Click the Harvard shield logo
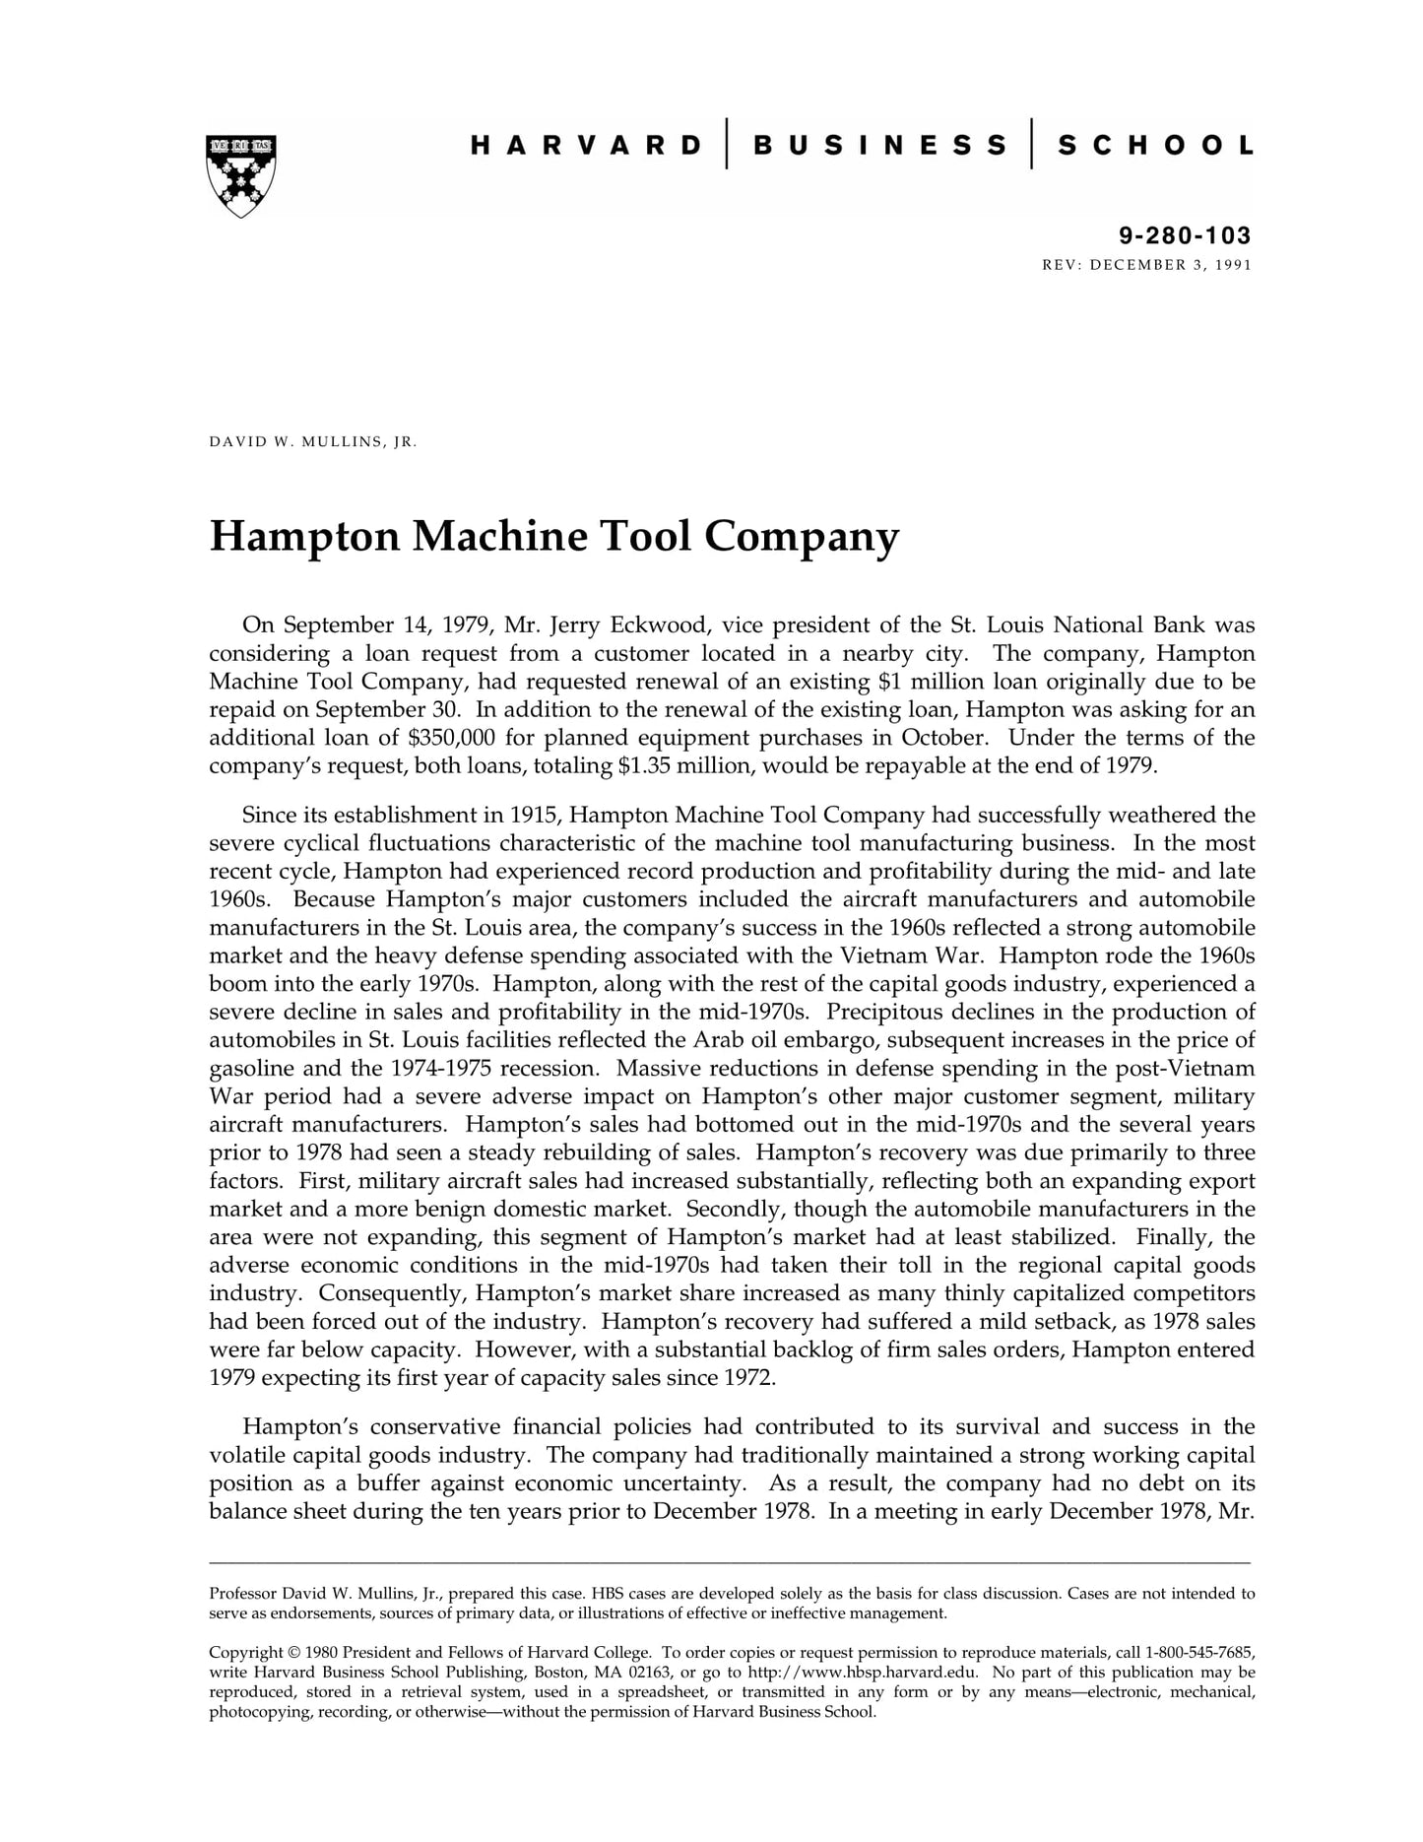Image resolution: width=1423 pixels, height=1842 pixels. click(241, 175)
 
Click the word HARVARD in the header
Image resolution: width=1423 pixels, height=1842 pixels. click(587, 146)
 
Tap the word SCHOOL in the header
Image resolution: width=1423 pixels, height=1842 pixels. click(1155, 146)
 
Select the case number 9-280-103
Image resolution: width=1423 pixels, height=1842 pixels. click(1185, 235)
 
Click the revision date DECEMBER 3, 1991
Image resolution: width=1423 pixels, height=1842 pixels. click(1171, 265)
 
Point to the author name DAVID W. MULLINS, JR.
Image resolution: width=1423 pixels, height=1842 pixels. click(313, 441)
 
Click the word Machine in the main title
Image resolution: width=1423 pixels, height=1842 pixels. click(499, 537)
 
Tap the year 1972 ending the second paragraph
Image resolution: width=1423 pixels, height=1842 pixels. click(748, 1377)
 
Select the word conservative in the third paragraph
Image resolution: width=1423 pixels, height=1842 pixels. click(431, 1426)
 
